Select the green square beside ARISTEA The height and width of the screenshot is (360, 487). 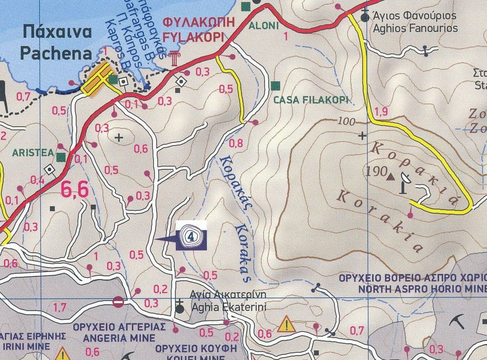[x=61, y=156]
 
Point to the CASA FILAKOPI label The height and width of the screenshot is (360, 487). [x=311, y=101]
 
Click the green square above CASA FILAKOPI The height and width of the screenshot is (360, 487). [x=276, y=86]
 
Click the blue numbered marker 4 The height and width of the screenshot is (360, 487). [x=192, y=236]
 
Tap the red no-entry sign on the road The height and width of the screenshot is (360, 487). [x=118, y=302]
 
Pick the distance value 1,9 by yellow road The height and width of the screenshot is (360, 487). [x=381, y=112]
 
